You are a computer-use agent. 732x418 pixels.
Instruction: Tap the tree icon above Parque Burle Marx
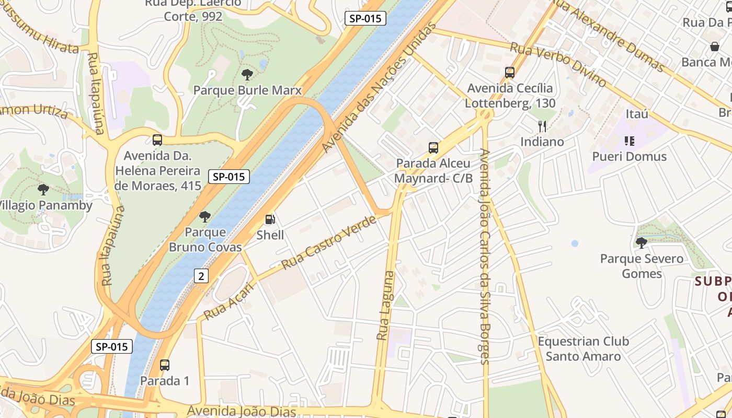point(247,75)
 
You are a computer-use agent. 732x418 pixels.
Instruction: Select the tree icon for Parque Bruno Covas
point(205,216)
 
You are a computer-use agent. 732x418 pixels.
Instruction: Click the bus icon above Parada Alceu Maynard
point(433,148)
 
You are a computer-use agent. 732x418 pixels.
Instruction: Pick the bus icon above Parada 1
point(165,365)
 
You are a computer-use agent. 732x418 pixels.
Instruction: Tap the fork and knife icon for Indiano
point(542,126)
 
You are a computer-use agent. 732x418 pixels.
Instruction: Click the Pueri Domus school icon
point(629,141)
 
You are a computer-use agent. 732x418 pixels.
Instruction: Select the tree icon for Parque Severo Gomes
point(641,242)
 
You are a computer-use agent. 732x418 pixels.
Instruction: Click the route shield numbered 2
point(201,276)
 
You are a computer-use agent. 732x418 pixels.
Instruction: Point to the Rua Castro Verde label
point(329,242)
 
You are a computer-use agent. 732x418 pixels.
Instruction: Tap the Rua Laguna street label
point(385,306)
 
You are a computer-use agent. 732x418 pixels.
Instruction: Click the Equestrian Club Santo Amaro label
point(583,349)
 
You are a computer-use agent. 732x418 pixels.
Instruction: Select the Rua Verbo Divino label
point(558,65)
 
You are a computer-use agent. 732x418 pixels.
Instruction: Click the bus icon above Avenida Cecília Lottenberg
point(510,73)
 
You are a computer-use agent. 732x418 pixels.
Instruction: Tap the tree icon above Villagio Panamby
point(43,190)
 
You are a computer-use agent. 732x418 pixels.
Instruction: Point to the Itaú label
point(637,113)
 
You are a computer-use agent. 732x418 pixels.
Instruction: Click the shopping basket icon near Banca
point(715,47)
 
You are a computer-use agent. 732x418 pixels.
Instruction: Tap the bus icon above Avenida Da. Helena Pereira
point(157,140)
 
